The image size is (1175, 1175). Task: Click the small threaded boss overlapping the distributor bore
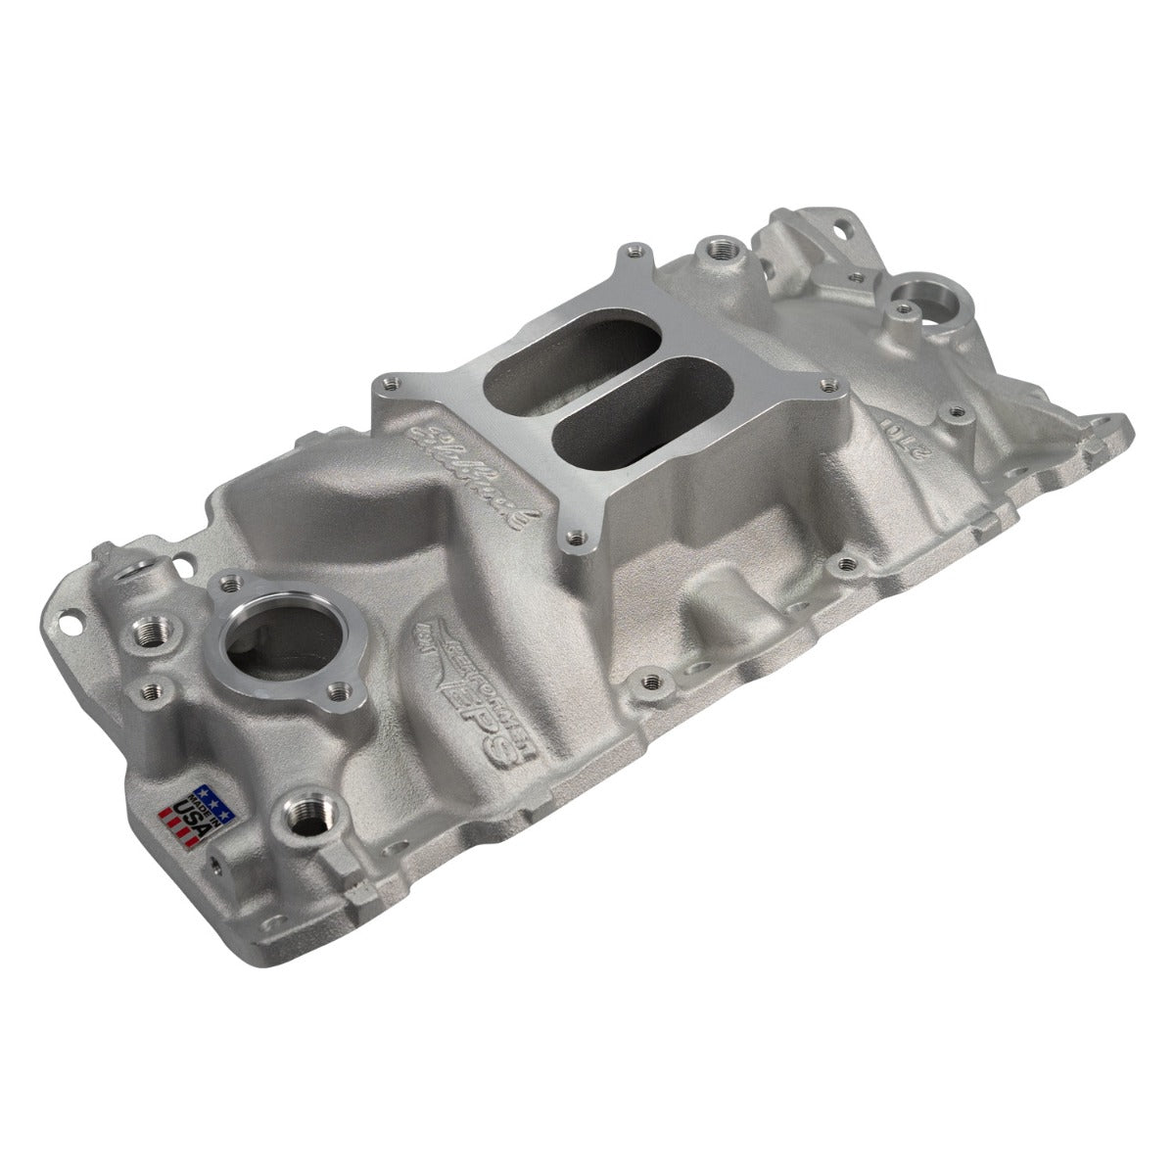pyautogui.click(x=901, y=312)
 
